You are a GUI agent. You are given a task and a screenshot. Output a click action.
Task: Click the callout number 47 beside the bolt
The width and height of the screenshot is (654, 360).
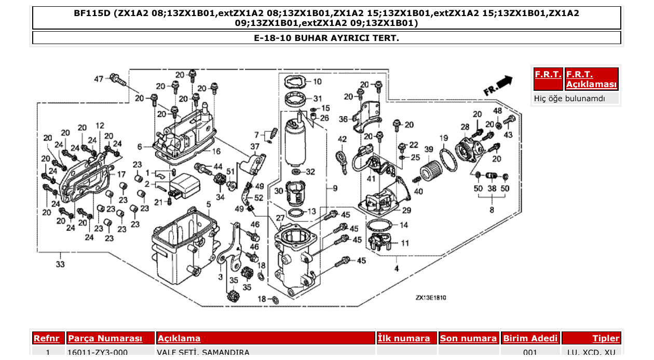(99, 79)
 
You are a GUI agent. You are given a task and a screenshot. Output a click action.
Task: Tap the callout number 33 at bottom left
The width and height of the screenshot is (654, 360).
(61, 265)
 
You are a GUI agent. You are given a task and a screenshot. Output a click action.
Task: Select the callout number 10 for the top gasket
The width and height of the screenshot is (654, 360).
(317, 81)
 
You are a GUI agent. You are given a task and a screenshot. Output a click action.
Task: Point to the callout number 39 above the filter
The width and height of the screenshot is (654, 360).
(429, 149)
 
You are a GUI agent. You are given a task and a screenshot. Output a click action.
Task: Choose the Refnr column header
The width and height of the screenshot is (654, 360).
(48, 338)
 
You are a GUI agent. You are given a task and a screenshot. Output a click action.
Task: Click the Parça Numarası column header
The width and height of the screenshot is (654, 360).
(105, 338)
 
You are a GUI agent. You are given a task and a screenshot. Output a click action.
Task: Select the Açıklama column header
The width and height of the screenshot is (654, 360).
(179, 338)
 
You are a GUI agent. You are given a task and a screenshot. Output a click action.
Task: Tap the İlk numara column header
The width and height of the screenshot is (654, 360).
(404, 338)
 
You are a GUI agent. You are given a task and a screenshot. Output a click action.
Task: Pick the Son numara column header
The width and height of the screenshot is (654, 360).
(468, 338)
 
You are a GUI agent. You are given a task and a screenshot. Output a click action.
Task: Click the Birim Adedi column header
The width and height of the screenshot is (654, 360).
(530, 338)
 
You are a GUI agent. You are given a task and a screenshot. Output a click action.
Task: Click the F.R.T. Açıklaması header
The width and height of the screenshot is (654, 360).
(591, 79)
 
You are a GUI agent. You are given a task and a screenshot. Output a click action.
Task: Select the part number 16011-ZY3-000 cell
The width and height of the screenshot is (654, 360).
(98, 353)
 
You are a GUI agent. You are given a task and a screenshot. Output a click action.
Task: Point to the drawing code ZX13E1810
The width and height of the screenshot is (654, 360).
(431, 298)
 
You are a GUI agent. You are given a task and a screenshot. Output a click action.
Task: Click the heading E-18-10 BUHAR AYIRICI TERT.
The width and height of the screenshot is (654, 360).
(326, 38)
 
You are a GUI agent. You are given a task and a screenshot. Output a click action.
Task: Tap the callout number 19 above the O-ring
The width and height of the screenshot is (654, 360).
(444, 138)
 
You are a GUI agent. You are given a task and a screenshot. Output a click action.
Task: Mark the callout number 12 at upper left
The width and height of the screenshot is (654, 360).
(100, 126)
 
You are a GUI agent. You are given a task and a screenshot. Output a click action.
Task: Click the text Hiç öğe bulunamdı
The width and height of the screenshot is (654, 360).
(569, 98)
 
